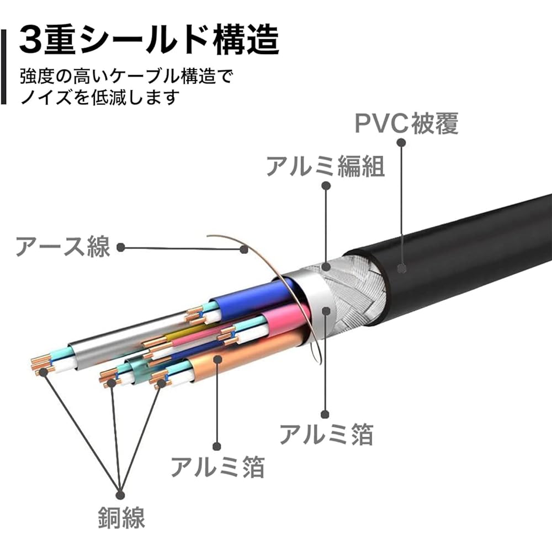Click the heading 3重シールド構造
point(149,39)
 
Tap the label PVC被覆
point(407,123)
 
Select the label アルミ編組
point(325,166)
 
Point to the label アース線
point(63,246)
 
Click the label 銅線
point(121,517)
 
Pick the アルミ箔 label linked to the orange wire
point(217,467)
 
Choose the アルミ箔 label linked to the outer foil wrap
point(326,434)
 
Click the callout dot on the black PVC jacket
point(402,268)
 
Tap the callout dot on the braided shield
point(326,267)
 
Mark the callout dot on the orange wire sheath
point(217,359)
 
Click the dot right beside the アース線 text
point(121,247)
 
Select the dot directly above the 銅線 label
point(120,495)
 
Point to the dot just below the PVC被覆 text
point(401,142)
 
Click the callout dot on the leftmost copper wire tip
point(43,371)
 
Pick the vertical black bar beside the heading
point(3,67)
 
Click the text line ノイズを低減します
point(99,97)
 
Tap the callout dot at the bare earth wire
point(243,250)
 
